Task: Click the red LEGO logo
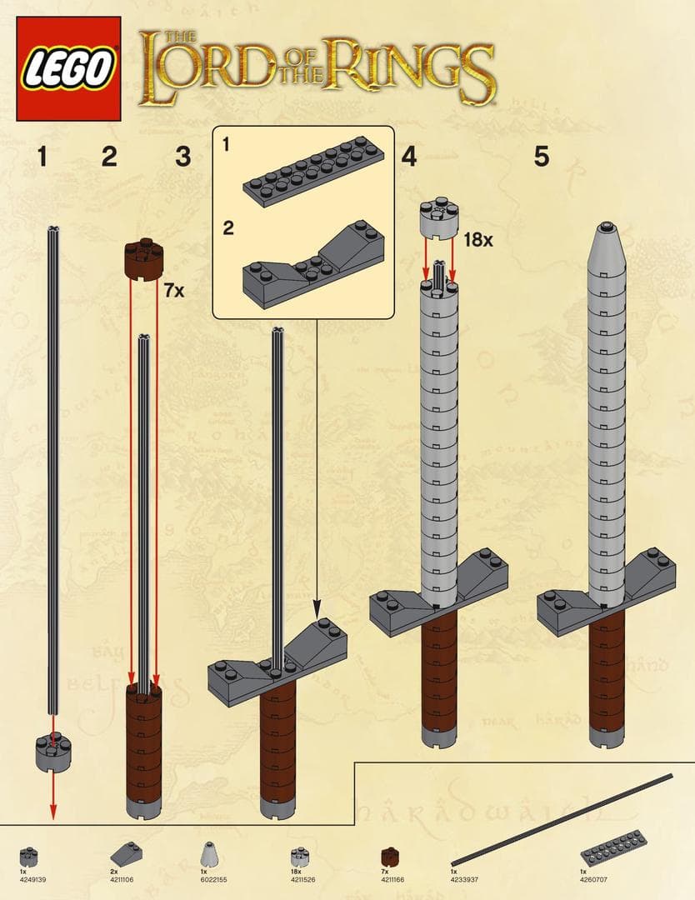pos(68,69)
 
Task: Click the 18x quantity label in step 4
pos(479,241)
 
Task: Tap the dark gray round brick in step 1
pos(52,752)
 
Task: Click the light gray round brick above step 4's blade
pos(439,217)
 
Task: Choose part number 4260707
pos(592,878)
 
